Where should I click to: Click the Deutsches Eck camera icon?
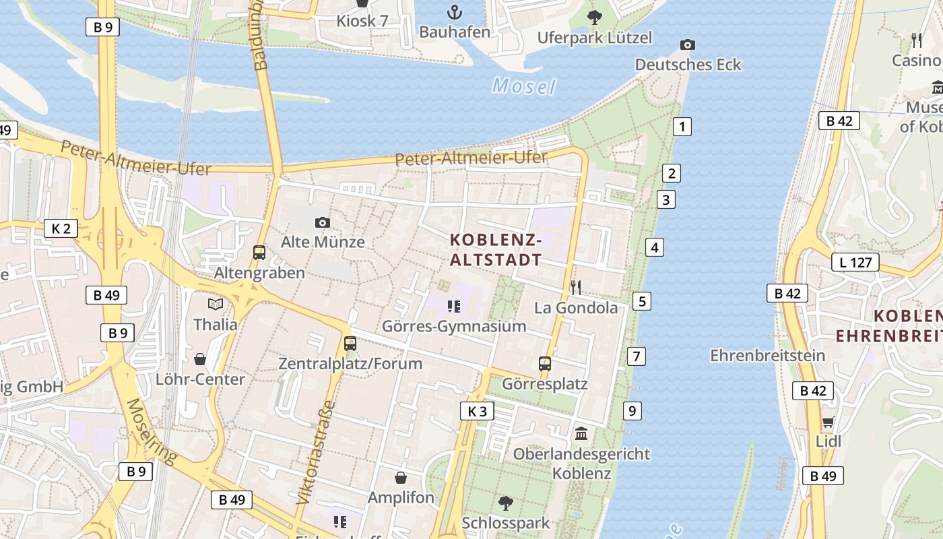[687, 45]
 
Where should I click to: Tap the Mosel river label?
[524, 86]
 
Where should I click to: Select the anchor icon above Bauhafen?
[455, 12]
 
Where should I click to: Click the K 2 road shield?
[61, 228]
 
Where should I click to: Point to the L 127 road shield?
[855, 262]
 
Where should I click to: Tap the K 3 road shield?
[477, 411]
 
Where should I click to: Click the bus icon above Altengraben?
[259, 253]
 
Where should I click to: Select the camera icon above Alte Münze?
[323, 222]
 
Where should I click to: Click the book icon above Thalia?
[216, 305]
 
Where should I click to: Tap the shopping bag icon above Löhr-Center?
[200, 359]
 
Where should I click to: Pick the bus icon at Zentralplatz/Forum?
[350, 344]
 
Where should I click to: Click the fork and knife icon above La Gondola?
[575, 288]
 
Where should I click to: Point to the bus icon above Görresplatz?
[545, 364]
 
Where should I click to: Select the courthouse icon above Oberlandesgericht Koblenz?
[581, 434]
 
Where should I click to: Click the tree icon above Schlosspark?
[505, 503]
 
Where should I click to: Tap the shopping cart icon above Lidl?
[828, 422]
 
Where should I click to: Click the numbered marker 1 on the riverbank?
[682, 126]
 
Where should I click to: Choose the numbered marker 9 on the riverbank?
[632, 410]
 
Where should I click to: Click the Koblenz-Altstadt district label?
[496, 249]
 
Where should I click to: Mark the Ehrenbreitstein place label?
[767, 355]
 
